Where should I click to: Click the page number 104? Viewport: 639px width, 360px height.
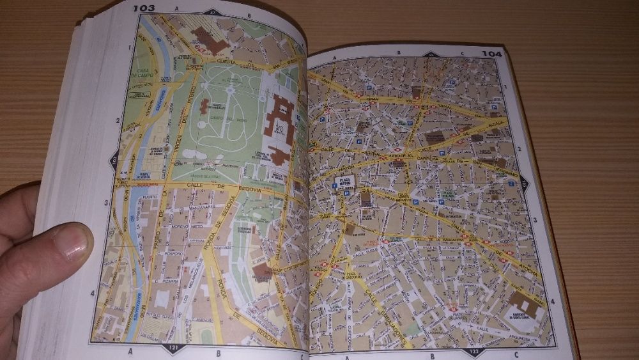tap(492, 54)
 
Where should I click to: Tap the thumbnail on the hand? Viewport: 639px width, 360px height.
tap(75, 242)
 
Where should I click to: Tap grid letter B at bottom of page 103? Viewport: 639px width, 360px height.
tap(217, 351)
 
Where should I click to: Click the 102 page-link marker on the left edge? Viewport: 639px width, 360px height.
tap(113, 160)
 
